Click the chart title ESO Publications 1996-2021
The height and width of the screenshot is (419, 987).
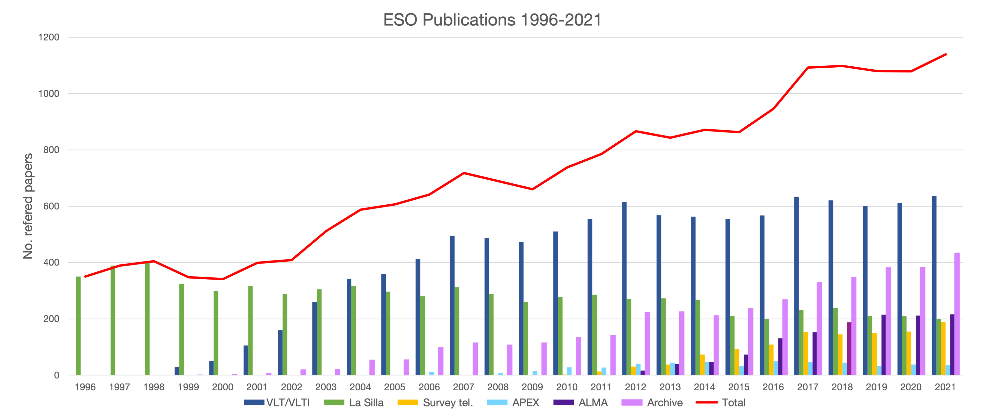tap(492, 20)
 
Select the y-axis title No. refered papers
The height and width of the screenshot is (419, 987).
tap(28, 206)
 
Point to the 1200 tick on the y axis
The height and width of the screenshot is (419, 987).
tap(49, 38)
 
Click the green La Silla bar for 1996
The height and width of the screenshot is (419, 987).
tap(78, 325)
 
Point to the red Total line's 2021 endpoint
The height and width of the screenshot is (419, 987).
tap(946, 54)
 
